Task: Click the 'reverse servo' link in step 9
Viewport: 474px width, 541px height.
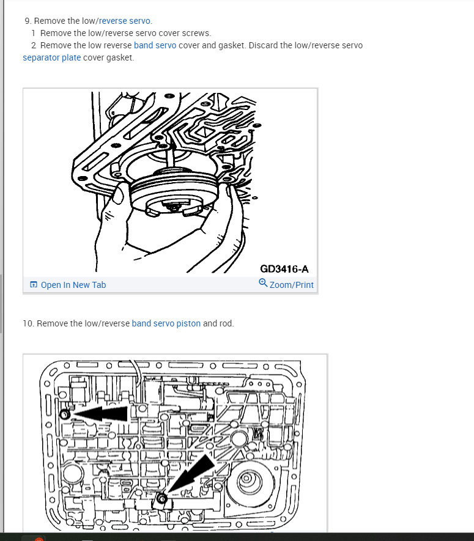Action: pos(125,21)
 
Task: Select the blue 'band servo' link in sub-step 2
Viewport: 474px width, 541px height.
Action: pos(155,45)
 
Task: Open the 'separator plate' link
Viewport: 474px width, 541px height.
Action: pos(51,57)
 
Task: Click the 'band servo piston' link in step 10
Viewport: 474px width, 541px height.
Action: pos(166,323)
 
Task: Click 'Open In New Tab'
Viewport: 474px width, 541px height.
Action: pos(73,285)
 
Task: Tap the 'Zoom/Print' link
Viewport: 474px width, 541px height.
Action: pos(291,285)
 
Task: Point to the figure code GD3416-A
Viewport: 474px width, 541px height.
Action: pos(284,268)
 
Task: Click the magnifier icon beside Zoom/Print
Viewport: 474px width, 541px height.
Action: pos(263,284)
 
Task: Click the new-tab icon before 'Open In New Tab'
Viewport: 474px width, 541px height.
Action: pos(34,285)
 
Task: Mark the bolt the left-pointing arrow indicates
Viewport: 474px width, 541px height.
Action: pos(64,415)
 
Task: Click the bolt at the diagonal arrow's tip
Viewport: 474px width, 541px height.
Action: pos(162,499)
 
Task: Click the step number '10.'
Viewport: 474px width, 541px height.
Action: pos(28,323)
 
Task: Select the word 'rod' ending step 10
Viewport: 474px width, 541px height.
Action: pos(226,323)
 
